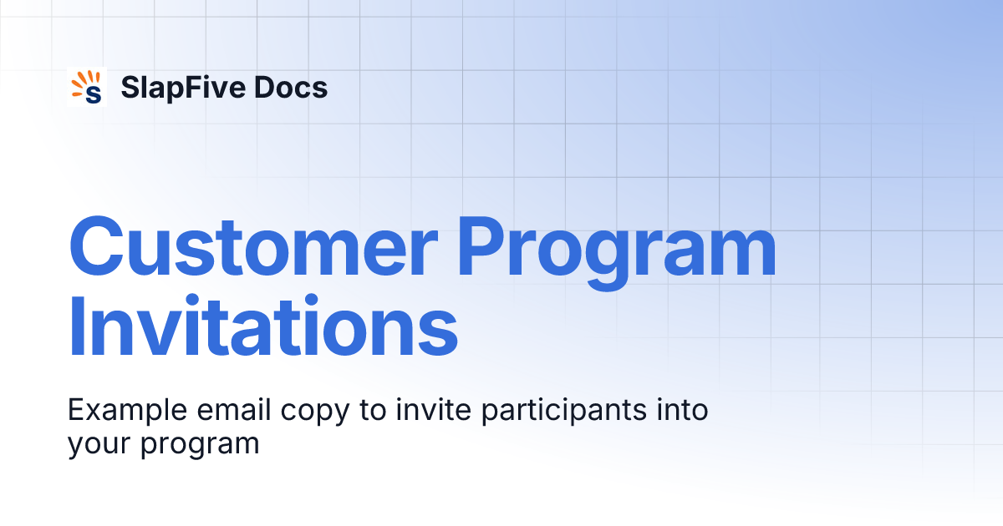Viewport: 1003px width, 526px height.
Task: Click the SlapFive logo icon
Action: click(87, 87)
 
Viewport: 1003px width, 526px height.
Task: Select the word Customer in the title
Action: click(252, 247)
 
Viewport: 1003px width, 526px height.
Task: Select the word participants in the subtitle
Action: click(543, 412)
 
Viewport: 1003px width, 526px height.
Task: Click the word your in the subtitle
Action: click(99, 445)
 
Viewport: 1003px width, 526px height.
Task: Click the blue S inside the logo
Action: click(93, 93)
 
